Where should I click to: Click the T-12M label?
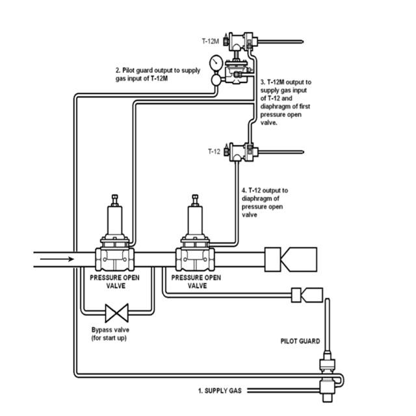211,41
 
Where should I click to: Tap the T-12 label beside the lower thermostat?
214,151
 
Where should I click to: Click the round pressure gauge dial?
216,62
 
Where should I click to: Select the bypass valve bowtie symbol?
117,313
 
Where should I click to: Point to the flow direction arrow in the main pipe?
57,259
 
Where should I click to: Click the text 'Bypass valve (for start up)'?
110,333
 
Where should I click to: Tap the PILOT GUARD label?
300,341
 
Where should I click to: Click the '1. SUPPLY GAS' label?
220,391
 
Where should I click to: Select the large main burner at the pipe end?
291,259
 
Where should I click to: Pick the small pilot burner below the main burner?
307,295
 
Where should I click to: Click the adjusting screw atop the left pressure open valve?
115,200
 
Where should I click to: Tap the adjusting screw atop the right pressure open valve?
195,200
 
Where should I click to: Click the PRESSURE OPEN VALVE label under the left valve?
114,281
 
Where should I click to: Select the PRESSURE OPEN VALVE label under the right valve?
196,281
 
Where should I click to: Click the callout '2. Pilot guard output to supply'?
158,70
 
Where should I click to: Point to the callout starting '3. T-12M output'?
285,103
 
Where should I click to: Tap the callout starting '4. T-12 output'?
265,202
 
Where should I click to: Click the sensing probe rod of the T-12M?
280,42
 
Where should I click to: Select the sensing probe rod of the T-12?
281,152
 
